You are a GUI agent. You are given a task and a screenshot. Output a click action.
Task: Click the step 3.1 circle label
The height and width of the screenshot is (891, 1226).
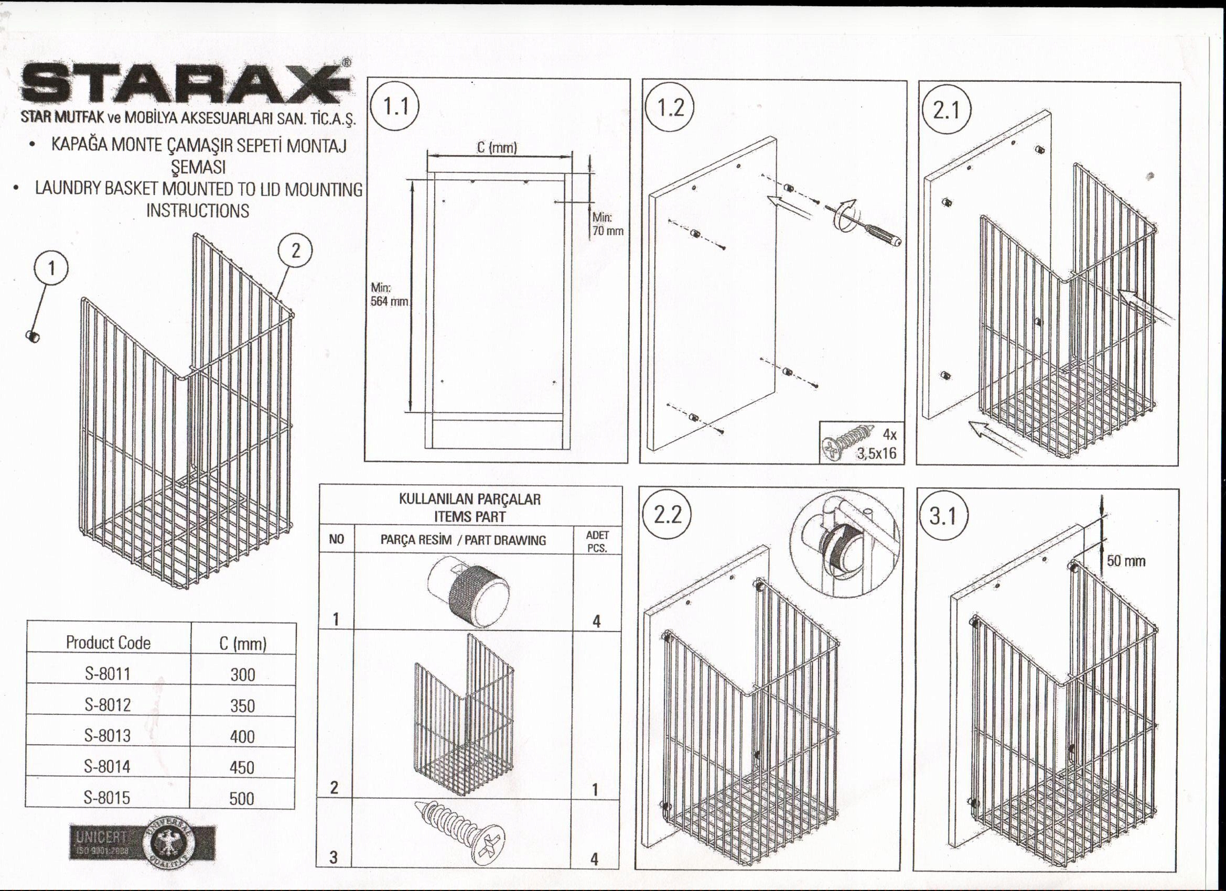[x=943, y=517]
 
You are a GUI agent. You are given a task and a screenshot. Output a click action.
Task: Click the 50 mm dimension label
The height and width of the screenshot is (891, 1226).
[x=1125, y=561]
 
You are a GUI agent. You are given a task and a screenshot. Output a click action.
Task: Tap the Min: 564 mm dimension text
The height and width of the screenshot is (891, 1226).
[x=389, y=295]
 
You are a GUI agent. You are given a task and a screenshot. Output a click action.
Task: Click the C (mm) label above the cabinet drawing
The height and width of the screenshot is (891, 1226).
[x=497, y=147]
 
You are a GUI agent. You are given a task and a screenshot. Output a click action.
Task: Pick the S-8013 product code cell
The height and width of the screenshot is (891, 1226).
[x=107, y=735]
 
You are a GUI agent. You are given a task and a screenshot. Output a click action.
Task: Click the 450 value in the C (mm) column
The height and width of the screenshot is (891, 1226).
[x=242, y=767]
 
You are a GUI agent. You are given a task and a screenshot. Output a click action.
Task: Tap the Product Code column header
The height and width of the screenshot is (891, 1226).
[x=108, y=643]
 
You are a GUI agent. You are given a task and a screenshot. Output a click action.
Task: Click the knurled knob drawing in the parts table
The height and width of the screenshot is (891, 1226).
[x=468, y=590]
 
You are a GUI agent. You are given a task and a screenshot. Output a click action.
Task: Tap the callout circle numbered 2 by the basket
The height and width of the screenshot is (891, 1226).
[x=295, y=251]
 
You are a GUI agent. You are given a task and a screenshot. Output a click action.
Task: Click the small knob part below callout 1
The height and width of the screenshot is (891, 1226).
[x=33, y=336]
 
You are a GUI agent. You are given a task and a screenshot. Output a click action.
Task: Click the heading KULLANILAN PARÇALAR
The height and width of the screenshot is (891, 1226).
[x=469, y=499]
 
